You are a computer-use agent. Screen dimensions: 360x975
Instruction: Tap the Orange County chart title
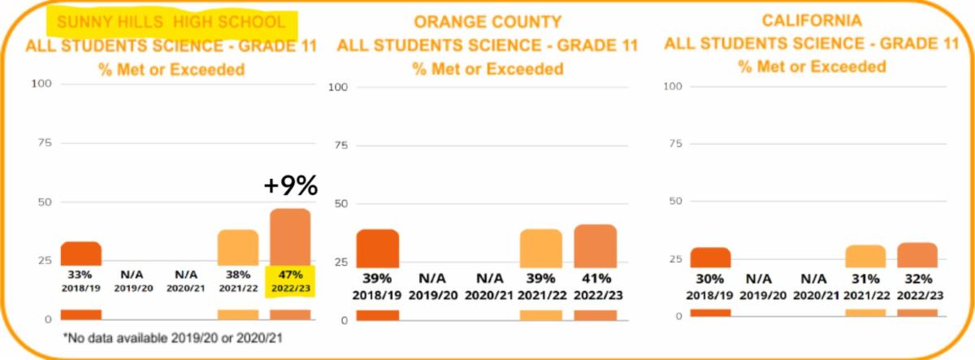487,22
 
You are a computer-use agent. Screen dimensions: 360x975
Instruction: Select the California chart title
812,20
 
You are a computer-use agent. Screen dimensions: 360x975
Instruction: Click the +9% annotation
290,186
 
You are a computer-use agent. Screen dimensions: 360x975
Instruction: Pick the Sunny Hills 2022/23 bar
290,236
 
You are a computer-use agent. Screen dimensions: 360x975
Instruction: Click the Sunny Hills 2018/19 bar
80,254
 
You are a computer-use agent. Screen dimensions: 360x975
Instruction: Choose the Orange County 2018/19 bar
378,247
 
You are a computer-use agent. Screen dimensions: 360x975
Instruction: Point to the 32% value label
917,277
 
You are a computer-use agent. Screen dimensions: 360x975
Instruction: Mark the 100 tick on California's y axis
673,85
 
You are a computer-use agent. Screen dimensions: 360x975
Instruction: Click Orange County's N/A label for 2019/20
432,277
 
